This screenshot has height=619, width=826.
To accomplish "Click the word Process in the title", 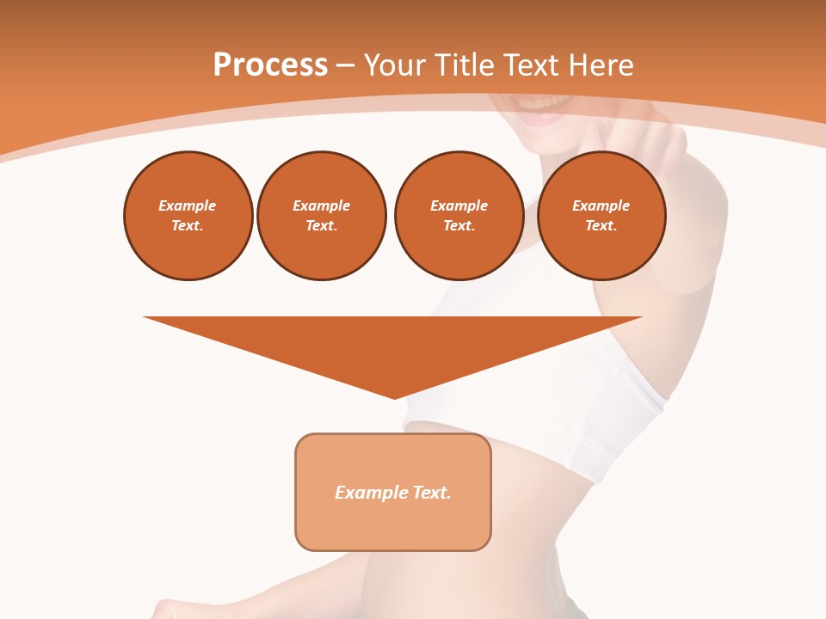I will click(x=270, y=65).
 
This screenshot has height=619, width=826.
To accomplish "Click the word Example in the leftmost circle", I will click(x=188, y=205).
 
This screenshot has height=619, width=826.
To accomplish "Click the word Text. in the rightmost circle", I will click(x=601, y=225).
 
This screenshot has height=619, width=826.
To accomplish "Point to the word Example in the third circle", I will click(x=459, y=205).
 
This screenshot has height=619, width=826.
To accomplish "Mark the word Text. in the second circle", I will click(x=321, y=225).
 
